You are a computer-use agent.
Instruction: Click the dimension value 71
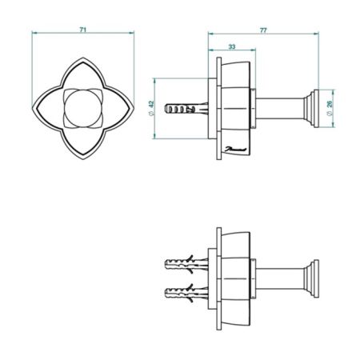click(83, 30)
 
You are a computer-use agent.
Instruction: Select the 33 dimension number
click(231, 48)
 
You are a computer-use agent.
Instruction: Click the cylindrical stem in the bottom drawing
click(279, 277)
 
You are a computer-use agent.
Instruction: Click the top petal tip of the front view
click(83, 58)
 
